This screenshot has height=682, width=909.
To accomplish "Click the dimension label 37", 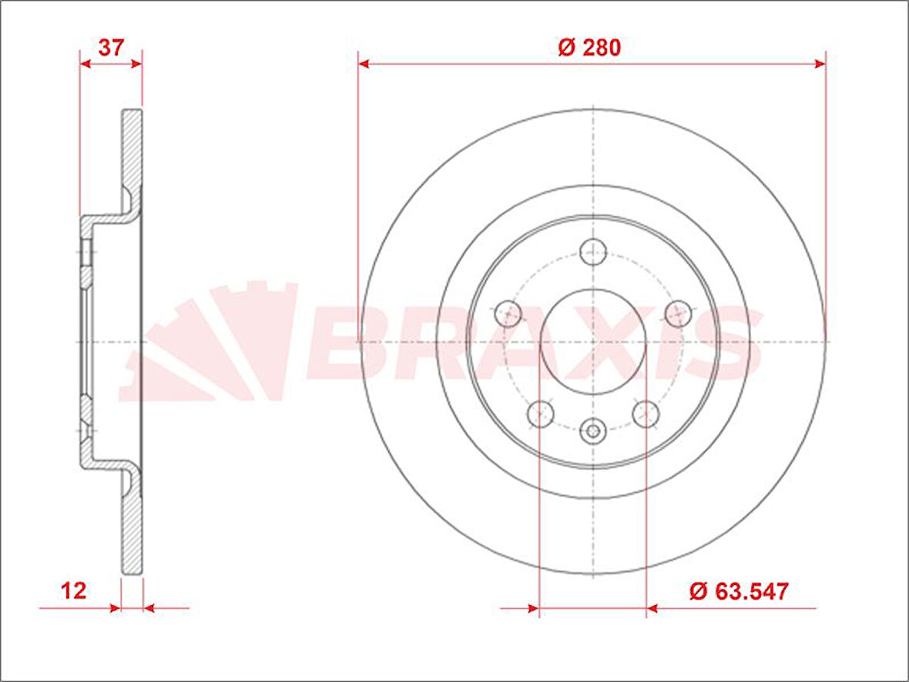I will click(112, 48).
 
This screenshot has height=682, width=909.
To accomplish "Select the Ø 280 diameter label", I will click(589, 48).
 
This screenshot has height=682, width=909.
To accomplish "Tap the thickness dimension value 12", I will click(74, 591).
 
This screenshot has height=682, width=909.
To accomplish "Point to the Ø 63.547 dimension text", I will click(739, 591).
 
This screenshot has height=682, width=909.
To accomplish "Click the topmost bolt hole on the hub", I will click(593, 251).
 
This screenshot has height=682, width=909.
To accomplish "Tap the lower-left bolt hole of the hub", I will click(541, 413).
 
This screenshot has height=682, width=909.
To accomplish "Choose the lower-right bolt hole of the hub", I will click(646, 413).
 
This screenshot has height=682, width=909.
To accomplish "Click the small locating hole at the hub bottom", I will click(592, 430).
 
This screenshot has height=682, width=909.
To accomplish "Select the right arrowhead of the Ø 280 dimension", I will click(820, 64).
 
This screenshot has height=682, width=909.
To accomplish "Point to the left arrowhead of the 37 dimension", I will click(86, 64).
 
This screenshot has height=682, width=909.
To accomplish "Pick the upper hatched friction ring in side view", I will click(132, 150).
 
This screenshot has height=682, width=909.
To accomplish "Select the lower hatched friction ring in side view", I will click(132, 531).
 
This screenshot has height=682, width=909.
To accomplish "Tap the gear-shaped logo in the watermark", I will click(208, 343).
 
